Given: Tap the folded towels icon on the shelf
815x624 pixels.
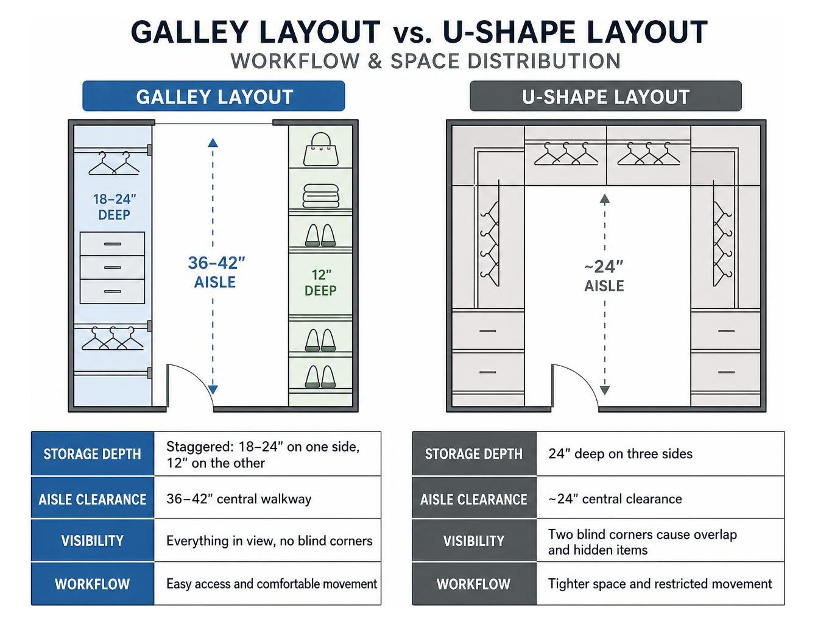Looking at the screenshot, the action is [321, 196].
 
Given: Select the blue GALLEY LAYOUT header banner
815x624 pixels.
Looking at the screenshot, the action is [214, 96].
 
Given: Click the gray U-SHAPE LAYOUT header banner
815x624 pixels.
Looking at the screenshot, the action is [605, 96].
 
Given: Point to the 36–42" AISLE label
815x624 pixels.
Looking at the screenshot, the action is [216, 272].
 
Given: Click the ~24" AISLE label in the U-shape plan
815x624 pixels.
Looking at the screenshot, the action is [604, 276].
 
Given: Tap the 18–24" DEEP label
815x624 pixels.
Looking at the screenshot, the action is [115, 207].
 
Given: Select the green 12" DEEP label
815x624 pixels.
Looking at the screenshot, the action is [321, 283].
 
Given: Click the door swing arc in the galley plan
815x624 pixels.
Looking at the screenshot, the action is [197, 378].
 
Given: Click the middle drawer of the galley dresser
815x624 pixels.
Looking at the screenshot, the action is [113, 268].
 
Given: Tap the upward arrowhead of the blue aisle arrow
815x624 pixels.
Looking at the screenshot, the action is [213, 143].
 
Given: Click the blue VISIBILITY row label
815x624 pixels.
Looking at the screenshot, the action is [93, 541].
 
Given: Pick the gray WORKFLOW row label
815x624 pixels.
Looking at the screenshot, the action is [474, 584].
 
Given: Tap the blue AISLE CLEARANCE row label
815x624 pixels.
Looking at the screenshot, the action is [93, 498].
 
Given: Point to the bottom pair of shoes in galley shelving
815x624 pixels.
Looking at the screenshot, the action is [320, 377].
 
